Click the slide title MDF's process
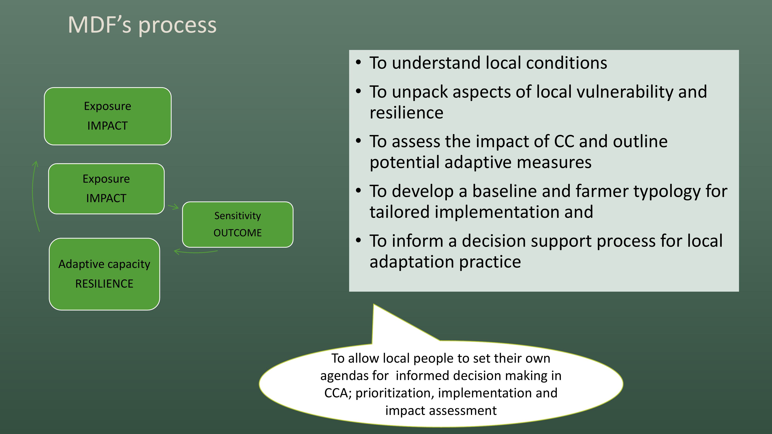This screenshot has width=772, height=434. [x=142, y=25]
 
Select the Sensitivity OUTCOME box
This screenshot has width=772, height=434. [x=238, y=224]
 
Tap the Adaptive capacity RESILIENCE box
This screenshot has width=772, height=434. [x=104, y=274]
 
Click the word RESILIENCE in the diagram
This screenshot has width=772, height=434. [x=104, y=284]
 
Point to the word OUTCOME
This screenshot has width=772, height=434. [x=238, y=233]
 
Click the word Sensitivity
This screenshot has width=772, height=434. [x=238, y=216]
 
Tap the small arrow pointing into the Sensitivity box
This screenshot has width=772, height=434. [x=173, y=207]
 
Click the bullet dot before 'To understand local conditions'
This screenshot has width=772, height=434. [x=358, y=63]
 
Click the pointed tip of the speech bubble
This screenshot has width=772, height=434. [x=374, y=304]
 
